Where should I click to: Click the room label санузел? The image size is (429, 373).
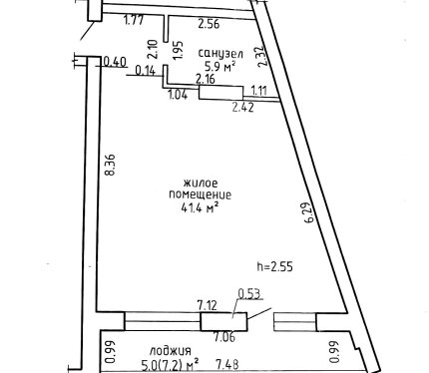pyautogui.click(x=220, y=54)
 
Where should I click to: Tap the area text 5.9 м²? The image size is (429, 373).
pyautogui.click(x=220, y=67)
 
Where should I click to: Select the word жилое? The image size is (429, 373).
pyautogui.click(x=201, y=184)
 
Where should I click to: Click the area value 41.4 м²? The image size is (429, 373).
pyautogui.click(x=200, y=207)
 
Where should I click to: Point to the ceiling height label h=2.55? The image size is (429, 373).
pyautogui.click(x=275, y=266)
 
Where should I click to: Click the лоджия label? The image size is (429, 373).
pyautogui.click(x=171, y=351)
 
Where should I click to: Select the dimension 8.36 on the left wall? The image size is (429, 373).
pyautogui.click(x=110, y=165)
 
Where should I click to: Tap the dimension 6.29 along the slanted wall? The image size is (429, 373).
pyautogui.click(x=309, y=212)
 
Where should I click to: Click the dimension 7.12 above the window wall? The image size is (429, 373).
pyautogui.click(x=208, y=305)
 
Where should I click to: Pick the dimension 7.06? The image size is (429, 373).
pyautogui.click(x=224, y=337)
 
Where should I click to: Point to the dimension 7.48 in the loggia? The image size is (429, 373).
pyautogui.click(x=227, y=364)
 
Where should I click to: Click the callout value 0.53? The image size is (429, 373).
pyautogui.click(x=249, y=294)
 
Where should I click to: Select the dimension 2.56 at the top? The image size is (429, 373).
pyautogui.click(x=209, y=24)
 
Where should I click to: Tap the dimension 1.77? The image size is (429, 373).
pyautogui.click(x=134, y=20)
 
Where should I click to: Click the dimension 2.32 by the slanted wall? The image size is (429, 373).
pyautogui.click(x=262, y=56)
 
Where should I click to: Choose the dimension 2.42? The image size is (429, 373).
pyautogui.click(x=242, y=107)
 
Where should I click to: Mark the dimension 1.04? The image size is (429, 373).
pyautogui.click(x=179, y=95)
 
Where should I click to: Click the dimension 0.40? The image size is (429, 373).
pyautogui.click(x=115, y=62)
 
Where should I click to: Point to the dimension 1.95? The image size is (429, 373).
pyautogui.click(x=179, y=50)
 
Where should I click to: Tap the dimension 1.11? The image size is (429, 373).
pyautogui.click(x=259, y=90)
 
